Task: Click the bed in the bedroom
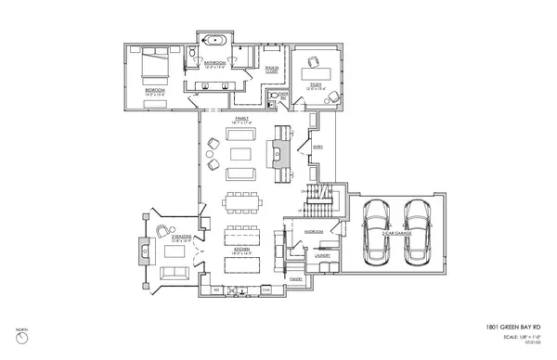150,68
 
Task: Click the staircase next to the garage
319,196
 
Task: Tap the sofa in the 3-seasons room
174,272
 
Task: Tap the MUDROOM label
314,232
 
